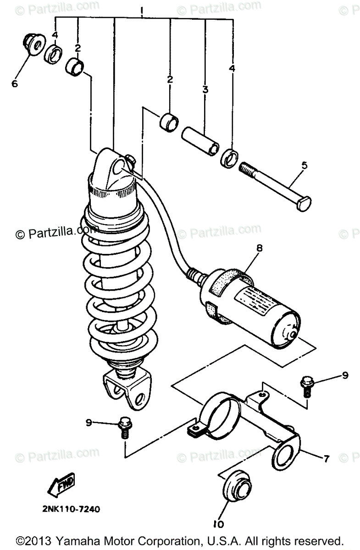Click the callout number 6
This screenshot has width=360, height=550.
[15, 84]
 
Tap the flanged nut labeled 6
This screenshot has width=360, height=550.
[32, 44]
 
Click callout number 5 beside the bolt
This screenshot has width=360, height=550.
[305, 165]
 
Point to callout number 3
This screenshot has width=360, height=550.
[205, 89]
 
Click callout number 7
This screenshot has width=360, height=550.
[326, 458]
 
